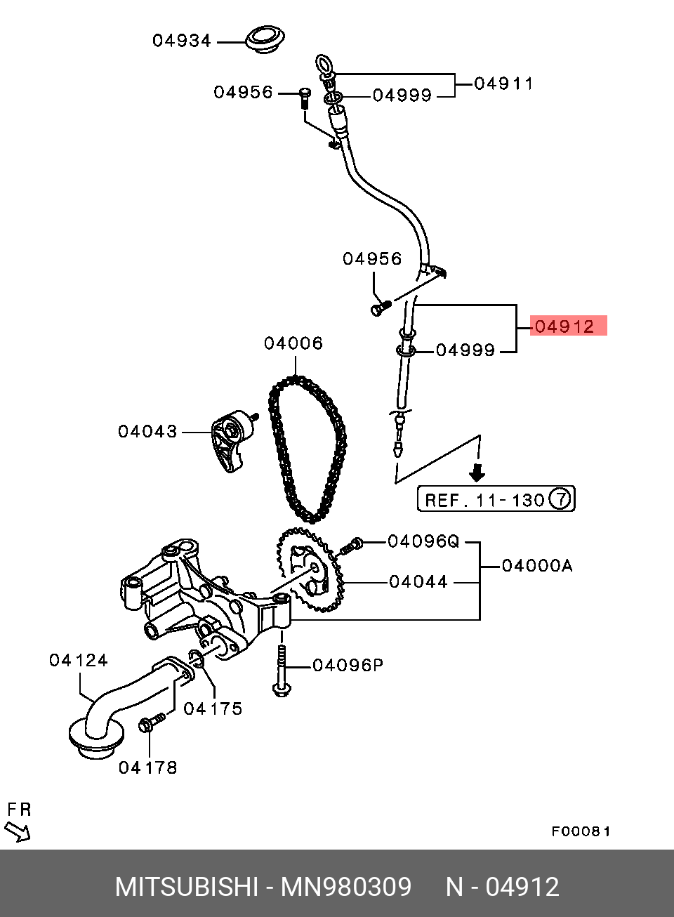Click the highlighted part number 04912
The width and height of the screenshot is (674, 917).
(564, 326)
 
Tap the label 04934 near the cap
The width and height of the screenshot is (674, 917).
(182, 41)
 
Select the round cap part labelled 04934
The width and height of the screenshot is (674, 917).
(265, 40)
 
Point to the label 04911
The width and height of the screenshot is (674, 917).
(504, 84)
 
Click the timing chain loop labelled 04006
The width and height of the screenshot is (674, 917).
(308, 449)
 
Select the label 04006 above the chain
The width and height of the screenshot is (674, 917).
(293, 343)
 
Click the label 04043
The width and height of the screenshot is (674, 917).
(147, 432)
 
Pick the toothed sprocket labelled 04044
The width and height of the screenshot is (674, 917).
(310, 570)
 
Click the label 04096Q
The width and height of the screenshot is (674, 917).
(423, 541)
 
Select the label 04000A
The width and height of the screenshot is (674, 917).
(537, 566)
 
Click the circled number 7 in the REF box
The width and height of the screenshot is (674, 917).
(560, 499)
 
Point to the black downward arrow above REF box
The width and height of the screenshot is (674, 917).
(477, 473)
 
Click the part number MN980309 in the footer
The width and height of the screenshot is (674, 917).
(346, 887)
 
